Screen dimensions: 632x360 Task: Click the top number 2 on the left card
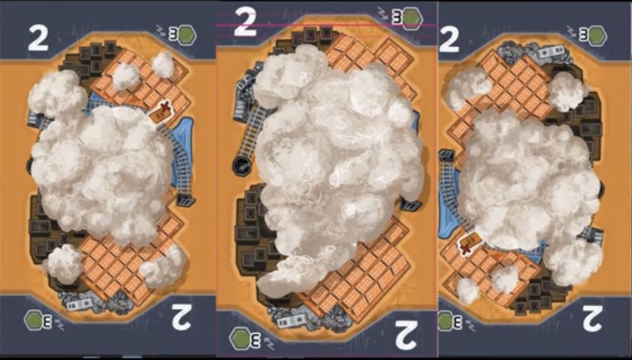pos(39,39)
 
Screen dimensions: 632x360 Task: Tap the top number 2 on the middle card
pos(245,22)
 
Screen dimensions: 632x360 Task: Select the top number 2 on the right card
pos(449,39)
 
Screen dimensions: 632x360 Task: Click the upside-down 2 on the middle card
pos(405,335)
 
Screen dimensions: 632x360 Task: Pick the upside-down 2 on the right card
pos(593,319)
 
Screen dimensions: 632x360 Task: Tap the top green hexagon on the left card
pos(187,35)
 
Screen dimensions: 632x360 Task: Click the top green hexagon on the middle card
pos(412,18)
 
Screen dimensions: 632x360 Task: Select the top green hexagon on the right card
pos(598,35)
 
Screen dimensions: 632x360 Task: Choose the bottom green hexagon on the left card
pos(34,320)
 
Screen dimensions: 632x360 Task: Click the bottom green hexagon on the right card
pos(446,321)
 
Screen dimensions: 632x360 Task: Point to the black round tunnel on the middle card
pos(242,166)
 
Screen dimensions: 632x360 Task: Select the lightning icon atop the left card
pos(162,29)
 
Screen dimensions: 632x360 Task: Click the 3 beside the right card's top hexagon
pos(584,35)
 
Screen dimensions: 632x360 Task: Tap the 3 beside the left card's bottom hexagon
pos(48,321)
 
